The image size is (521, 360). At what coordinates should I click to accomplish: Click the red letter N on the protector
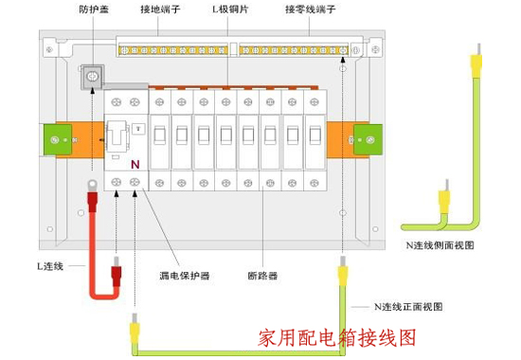point(135,163)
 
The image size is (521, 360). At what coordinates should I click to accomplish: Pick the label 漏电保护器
point(184,278)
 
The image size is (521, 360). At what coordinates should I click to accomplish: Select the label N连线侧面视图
point(438,244)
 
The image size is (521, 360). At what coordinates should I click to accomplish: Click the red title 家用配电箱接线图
point(337,336)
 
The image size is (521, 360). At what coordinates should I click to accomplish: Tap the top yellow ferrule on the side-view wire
point(476,63)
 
